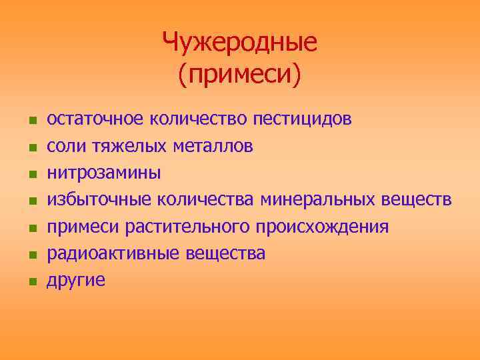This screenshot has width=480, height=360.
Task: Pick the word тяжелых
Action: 121,147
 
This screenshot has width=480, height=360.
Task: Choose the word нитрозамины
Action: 103,173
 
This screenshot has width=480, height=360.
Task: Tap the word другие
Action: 75,280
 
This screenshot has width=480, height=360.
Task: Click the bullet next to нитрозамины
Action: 31,175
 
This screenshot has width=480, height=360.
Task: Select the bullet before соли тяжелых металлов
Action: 31,148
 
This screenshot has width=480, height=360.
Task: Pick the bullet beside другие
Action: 31,282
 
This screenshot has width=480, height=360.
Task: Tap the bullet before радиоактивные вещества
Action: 31,255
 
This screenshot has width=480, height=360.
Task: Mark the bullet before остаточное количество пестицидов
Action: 31,121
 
